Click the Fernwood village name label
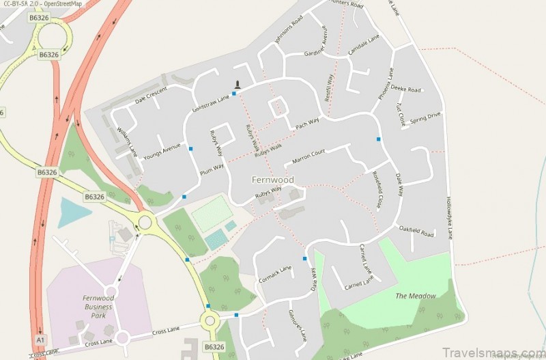tap(273, 180)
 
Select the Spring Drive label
tap(425, 117)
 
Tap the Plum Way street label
tap(212, 169)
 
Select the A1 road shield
tap(40, 340)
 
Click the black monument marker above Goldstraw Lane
tap(238, 85)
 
